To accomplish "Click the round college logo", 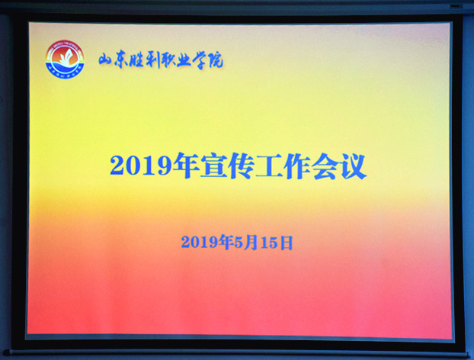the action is click(65, 59).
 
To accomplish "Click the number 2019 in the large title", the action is click(141, 166).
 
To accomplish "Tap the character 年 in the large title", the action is click(187, 166).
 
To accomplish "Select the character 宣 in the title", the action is click(214, 166).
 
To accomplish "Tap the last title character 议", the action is click(353, 166).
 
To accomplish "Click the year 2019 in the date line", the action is click(200, 243).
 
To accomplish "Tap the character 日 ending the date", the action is click(287, 243).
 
